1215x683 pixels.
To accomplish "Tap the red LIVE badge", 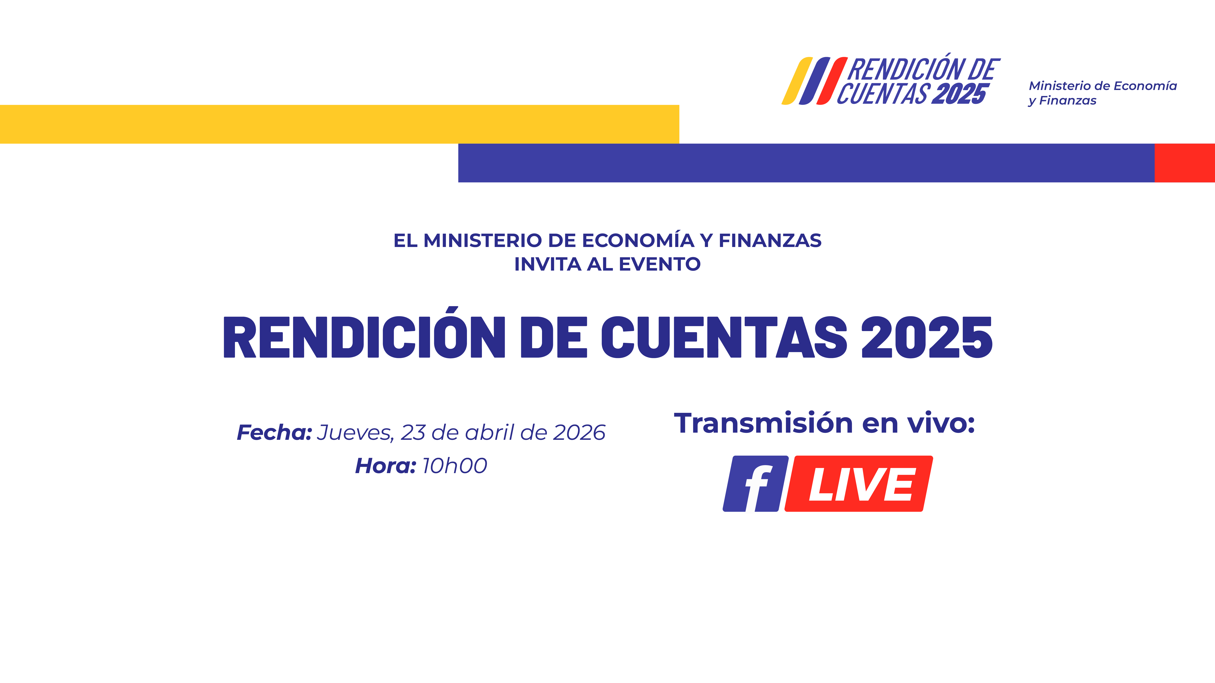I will [858, 484].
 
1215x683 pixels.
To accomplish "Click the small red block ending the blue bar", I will [1184, 163].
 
